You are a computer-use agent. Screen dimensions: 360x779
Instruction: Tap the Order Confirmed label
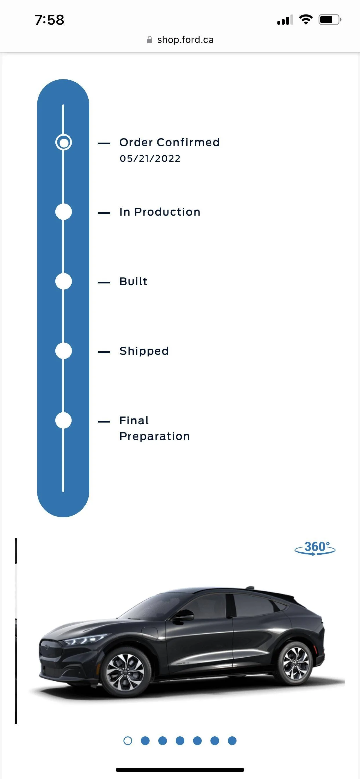click(169, 142)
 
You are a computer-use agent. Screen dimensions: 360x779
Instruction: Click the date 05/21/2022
click(150, 159)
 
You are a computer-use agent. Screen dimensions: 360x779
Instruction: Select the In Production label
click(160, 212)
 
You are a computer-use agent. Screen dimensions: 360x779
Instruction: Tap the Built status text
click(133, 281)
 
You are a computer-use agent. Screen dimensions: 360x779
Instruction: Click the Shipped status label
click(144, 351)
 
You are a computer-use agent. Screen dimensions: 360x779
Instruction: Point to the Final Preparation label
click(154, 428)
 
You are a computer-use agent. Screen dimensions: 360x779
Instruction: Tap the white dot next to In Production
click(63, 212)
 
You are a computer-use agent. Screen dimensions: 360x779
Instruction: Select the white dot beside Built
click(63, 281)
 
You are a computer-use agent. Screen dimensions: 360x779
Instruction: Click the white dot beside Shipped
click(63, 351)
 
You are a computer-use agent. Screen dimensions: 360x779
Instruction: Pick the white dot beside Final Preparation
click(63, 420)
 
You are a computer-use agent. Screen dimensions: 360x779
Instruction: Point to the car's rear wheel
click(296, 662)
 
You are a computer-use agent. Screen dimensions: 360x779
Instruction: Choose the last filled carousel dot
click(232, 740)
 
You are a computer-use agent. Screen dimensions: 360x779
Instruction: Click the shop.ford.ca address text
click(185, 40)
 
